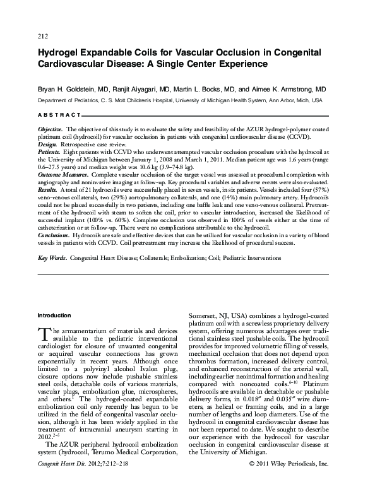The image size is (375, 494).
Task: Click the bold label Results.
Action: coord(48,189)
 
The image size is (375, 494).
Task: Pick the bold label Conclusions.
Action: coord(54,234)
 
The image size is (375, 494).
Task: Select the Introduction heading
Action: coord(54,315)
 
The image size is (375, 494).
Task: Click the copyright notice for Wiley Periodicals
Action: coord(289,481)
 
